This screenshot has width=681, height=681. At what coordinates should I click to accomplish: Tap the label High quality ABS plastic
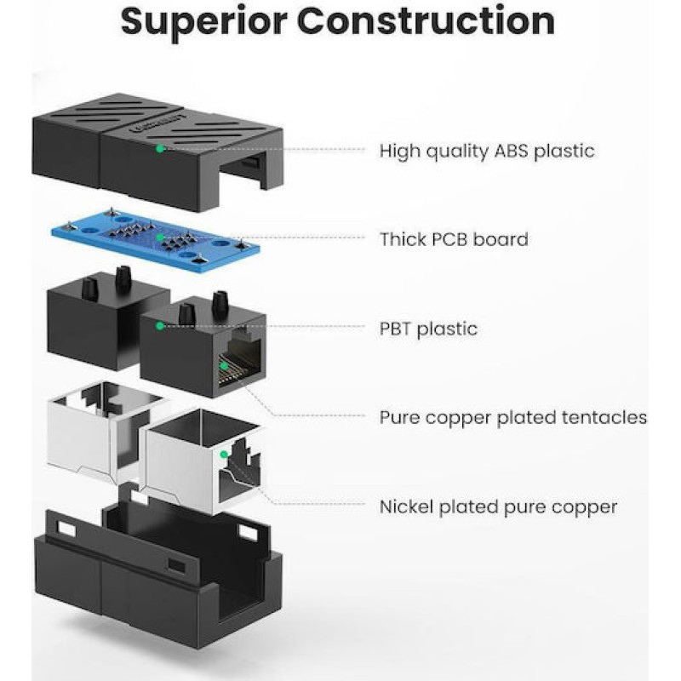[487, 152]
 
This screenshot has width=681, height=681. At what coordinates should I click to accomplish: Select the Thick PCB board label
[454, 239]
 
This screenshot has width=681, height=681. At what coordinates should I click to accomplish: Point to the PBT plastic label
[428, 329]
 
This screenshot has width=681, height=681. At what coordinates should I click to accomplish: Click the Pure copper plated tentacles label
[513, 418]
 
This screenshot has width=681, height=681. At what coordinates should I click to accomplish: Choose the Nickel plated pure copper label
[498, 507]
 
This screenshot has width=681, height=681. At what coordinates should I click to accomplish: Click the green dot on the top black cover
[159, 148]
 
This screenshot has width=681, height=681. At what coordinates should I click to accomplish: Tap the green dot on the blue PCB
[159, 237]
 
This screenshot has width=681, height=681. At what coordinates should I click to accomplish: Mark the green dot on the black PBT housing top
[159, 325]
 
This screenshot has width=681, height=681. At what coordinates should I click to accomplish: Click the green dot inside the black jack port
[224, 366]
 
